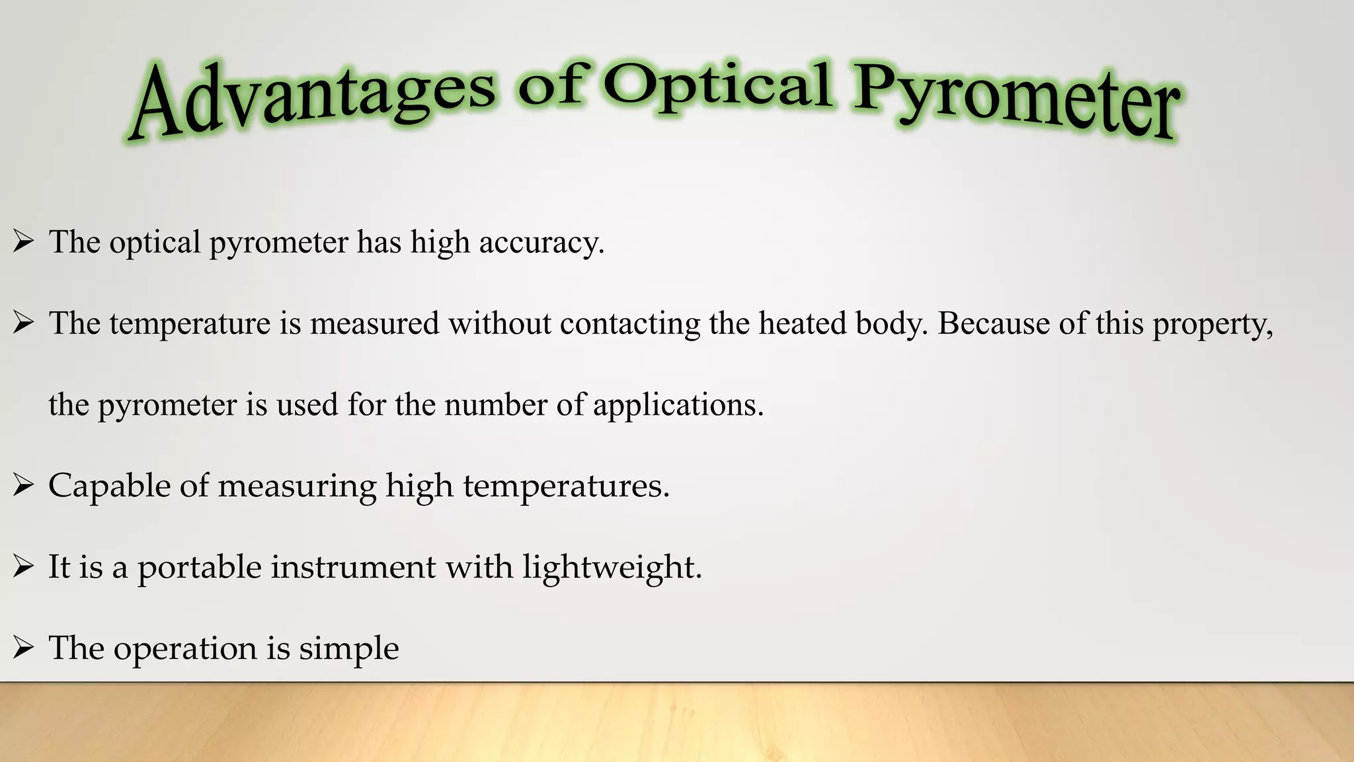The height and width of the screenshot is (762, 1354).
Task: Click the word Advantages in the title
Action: tap(311, 99)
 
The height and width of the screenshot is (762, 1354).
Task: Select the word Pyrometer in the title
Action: tap(1015, 103)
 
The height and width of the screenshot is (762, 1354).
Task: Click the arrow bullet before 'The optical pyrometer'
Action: tap(23, 242)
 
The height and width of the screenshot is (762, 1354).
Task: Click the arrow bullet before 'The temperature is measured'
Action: tap(23, 323)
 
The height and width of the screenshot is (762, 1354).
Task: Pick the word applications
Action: tap(677, 405)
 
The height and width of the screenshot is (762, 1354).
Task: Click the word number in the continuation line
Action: tap(495, 404)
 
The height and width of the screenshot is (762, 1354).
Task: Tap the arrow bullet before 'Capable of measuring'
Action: tap(23, 486)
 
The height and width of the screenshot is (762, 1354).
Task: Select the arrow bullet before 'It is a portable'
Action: tap(23, 567)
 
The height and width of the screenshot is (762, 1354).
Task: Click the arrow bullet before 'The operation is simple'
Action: tap(23, 648)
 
